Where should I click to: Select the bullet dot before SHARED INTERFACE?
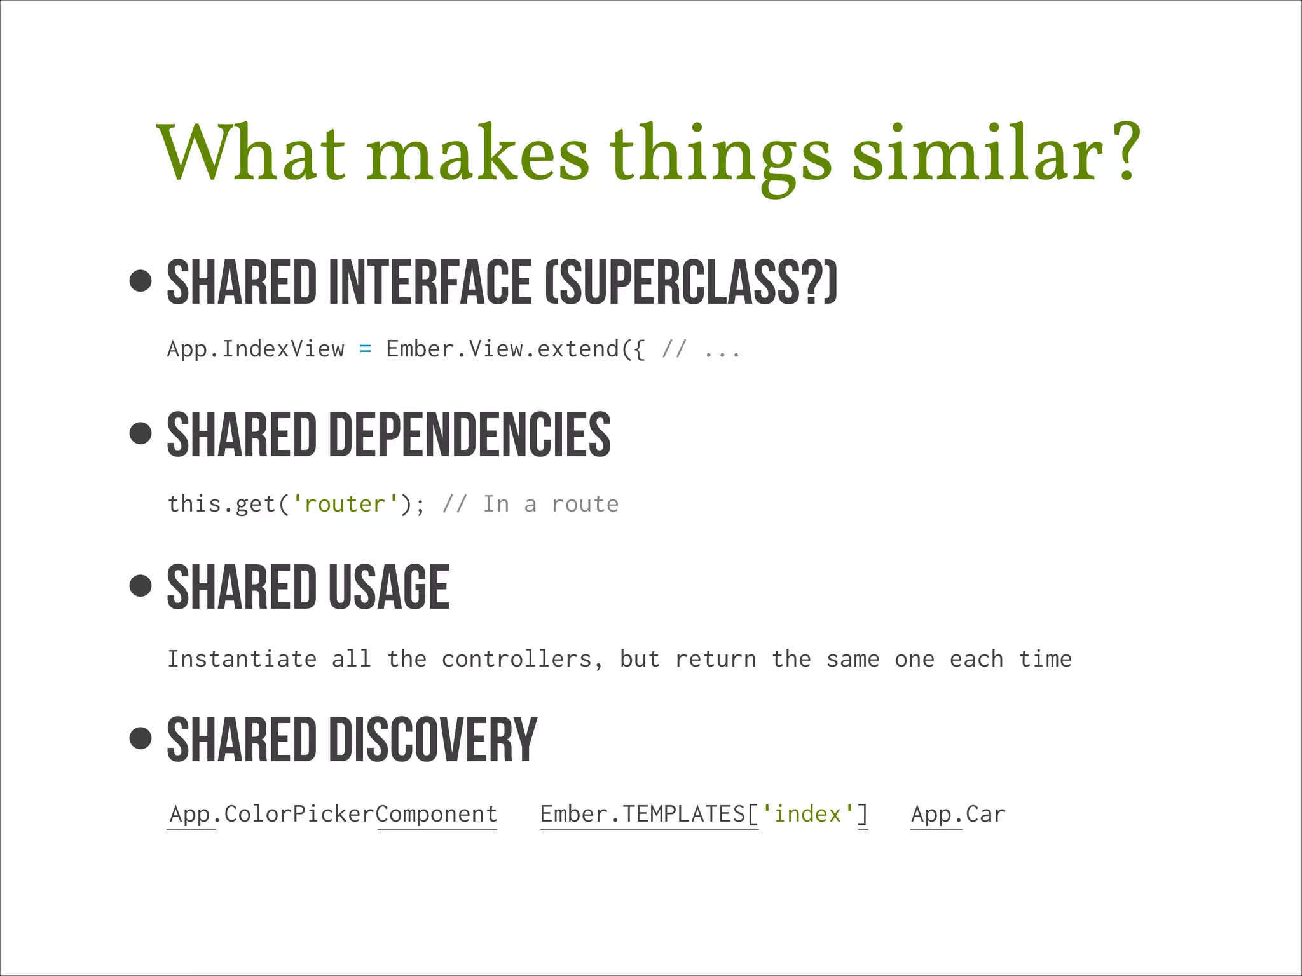pyautogui.click(x=140, y=281)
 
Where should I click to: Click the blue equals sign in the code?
pyautogui.click(x=365, y=349)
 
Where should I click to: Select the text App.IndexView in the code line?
pyautogui.click(x=256, y=349)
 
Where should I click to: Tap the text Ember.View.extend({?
pyautogui.click(x=515, y=349)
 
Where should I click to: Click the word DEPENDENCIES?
pyautogui.click(x=469, y=435)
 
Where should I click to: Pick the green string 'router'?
pyautogui.click(x=345, y=504)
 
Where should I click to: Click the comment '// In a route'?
pyautogui.click(x=530, y=504)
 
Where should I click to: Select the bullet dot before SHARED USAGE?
pyautogui.click(x=140, y=585)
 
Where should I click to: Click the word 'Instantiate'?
pyautogui.click(x=242, y=659)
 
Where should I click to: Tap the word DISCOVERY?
pyautogui.click(x=433, y=740)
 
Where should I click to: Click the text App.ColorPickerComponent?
pyautogui.click(x=332, y=814)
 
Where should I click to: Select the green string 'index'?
pyautogui.click(x=807, y=814)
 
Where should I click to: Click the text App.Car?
pyautogui.click(x=958, y=814)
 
